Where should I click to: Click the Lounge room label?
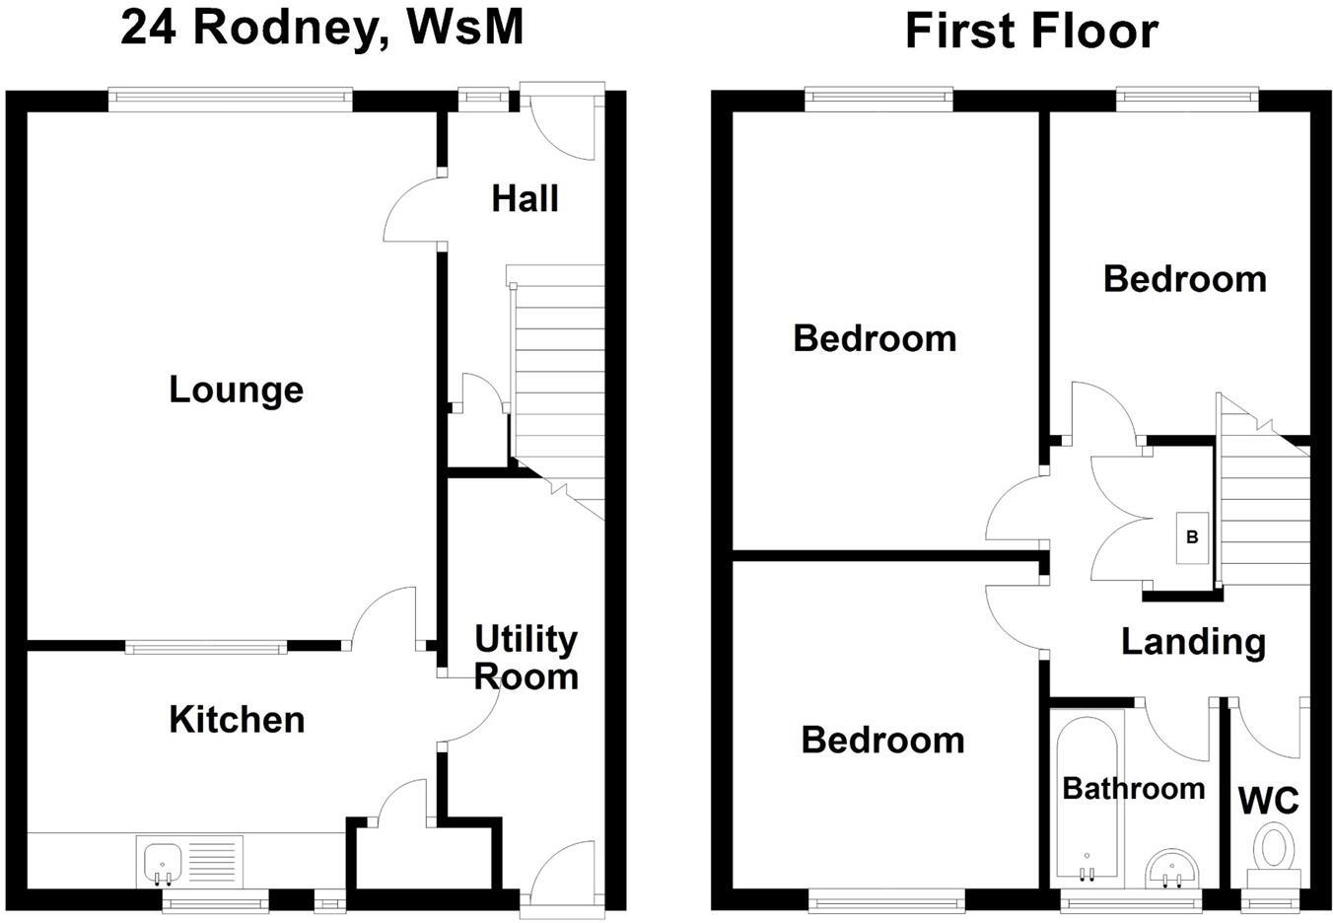[x=236, y=390]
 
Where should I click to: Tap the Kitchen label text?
[x=237, y=720]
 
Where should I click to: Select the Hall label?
[x=525, y=199]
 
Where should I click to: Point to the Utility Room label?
[x=526, y=658]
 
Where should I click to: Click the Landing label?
[x=1193, y=642]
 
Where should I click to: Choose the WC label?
[x=1268, y=801]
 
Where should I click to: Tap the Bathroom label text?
[x=1133, y=788]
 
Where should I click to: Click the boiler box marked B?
[x=1192, y=537]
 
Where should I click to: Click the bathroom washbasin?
[x=1172, y=868]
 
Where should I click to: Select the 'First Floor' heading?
[x=1030, y=31]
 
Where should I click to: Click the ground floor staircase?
[x=556, y=385]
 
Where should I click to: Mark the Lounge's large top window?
[x=230, y=97]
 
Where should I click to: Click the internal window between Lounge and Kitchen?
[x=206, y=647]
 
